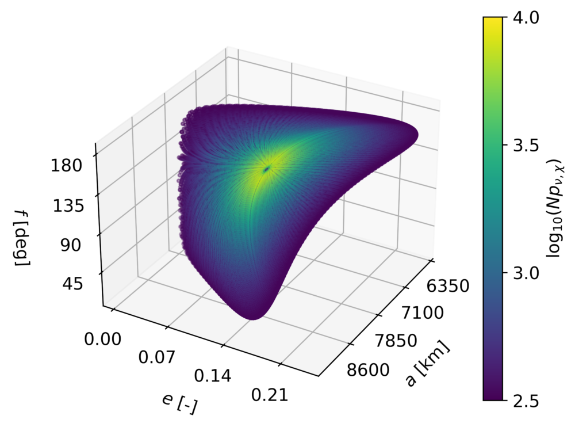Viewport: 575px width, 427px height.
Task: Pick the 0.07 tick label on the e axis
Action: (x=157, y=357)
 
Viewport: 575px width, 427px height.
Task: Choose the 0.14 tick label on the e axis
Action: (x=213, y=377)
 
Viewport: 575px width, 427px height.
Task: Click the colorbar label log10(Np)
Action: (x=554, y=208)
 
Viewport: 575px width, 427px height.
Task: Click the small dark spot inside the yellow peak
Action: (x=267, y=169)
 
